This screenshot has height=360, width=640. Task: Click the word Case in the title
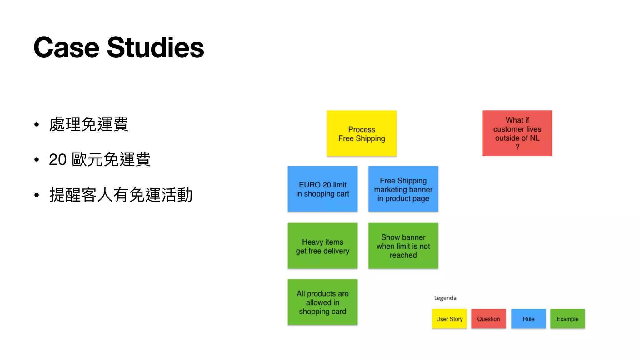[66, 47]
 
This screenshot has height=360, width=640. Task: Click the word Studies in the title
[155, 47]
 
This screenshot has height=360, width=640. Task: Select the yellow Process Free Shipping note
[362, 133]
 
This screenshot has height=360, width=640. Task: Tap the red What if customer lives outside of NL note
[517, 133]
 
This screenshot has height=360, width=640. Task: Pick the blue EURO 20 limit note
[322, 189]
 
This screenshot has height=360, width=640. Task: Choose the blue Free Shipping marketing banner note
[403, 189]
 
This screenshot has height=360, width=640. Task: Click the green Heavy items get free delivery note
[322, 246]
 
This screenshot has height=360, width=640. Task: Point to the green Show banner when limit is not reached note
[403, 246]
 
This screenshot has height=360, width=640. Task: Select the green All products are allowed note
[322, 302]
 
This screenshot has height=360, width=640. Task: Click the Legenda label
[445, 298]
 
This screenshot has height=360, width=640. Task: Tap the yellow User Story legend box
[449, 319]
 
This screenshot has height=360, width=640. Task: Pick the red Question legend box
[488, 319]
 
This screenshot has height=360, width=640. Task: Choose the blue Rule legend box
[528, 319]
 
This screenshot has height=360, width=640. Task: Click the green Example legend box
[567, 319]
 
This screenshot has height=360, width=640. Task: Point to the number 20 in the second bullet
[58, 160]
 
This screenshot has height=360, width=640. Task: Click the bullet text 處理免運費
[89, 124]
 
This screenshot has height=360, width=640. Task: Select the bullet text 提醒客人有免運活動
[121, 195]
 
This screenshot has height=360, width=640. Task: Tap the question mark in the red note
[517, 147]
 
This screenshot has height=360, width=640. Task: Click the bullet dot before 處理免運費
[37, 125]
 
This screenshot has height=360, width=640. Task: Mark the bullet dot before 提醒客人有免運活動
[37, 195]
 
